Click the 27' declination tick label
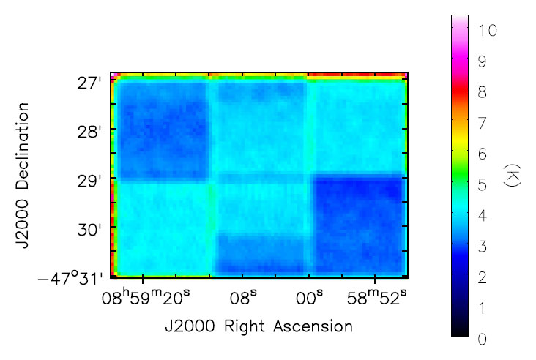pyautogui.click(x=90, y=83)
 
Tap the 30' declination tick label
pyautogui.click(x=90, y=229)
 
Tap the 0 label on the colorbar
pyautogui.click(x=482, y=339)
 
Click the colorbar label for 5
pyautogui.click(x=482, y=185)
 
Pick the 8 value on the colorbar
pyautogui.click(x=482, y=92)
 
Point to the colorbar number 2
pyautogui.click(x=482, y=277)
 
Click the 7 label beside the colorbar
pyautogui.click(x=482, y=123)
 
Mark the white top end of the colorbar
pyautogui.click(x=460, y=18)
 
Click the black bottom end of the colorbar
pyautogui.click(x=460, y=333)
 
